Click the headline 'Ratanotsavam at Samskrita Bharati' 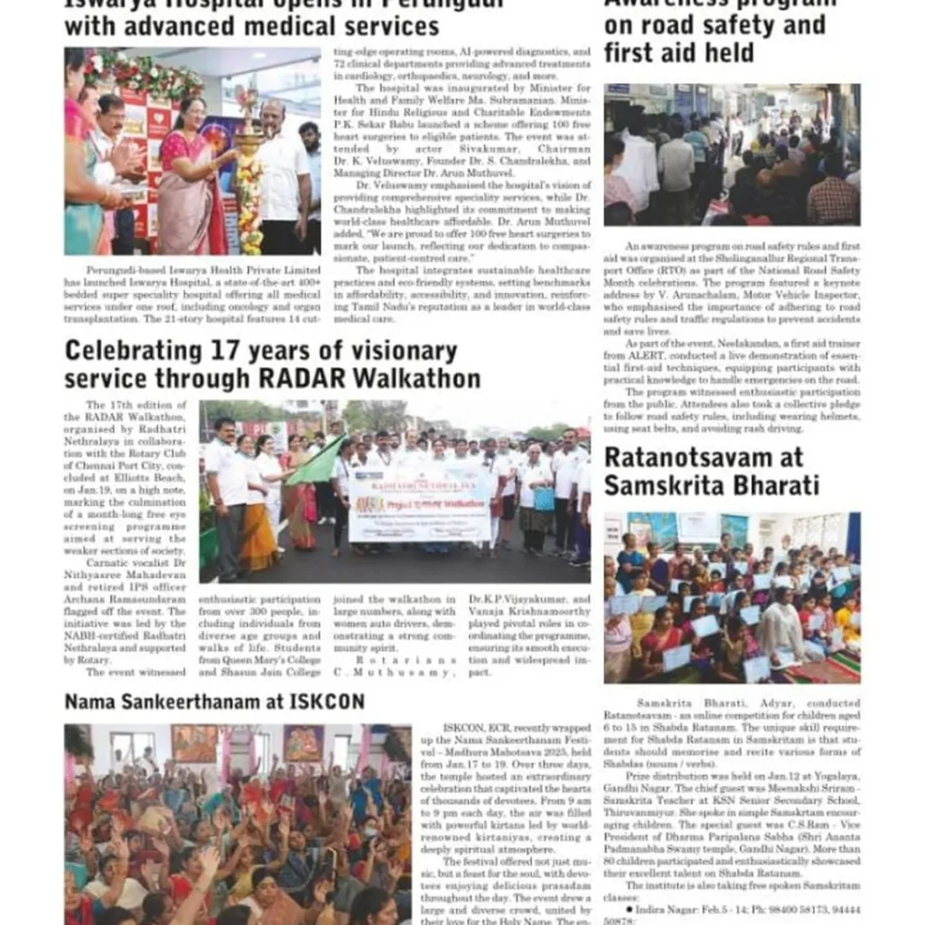[x=712, y=471]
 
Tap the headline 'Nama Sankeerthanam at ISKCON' [x=214, y=701]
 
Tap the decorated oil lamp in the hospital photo [x=248, y=172]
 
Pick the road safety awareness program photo [x=732, y=154]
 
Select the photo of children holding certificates [x=732, y=597]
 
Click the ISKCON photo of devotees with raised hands [x=237, y=823]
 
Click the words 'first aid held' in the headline [x=678, y=53]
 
